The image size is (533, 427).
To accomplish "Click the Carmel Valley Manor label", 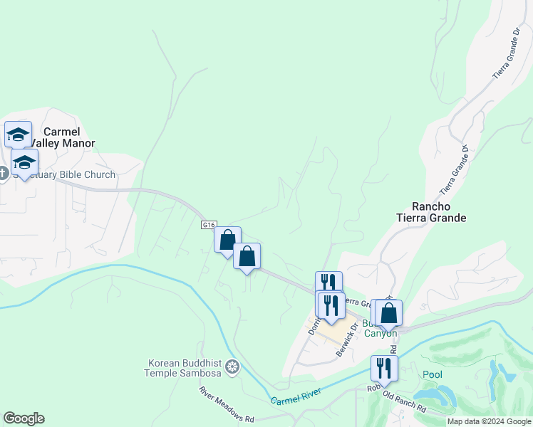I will click(69, 137).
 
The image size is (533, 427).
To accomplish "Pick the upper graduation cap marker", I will click(18, 134).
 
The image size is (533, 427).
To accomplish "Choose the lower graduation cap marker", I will click(25, 163).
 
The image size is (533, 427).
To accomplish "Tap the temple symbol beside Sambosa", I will click(232, 367).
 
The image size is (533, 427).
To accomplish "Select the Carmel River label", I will click(296, 396).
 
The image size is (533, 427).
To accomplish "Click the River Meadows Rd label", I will click(225, 404).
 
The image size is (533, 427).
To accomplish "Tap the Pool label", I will click(432, 374).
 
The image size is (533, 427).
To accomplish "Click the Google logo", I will click(24, 418).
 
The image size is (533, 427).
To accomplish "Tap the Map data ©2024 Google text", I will click(489, 421).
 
